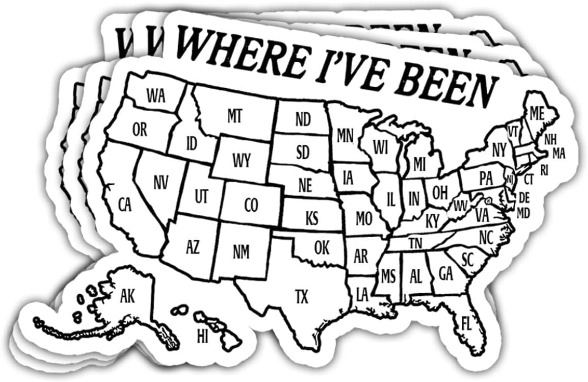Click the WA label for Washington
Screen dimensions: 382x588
point(155,95)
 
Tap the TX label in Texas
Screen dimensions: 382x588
point(301,297)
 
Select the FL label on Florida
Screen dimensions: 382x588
point(466,324)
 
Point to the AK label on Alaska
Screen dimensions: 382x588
point(127,296)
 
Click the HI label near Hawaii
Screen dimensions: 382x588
point(202,336)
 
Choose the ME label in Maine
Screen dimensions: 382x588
point(536,113)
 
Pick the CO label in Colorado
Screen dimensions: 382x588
point(251,206)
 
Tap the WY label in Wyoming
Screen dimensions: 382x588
point(242,160)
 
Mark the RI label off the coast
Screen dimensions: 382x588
point(544,169)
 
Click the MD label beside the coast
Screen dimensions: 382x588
point(524,213)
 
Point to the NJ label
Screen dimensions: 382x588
point(510,179)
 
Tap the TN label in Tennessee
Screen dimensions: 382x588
point(415,242)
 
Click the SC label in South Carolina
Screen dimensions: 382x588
point(467,259)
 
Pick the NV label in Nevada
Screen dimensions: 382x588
point(161,182)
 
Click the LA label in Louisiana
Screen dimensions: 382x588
point(362,295)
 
